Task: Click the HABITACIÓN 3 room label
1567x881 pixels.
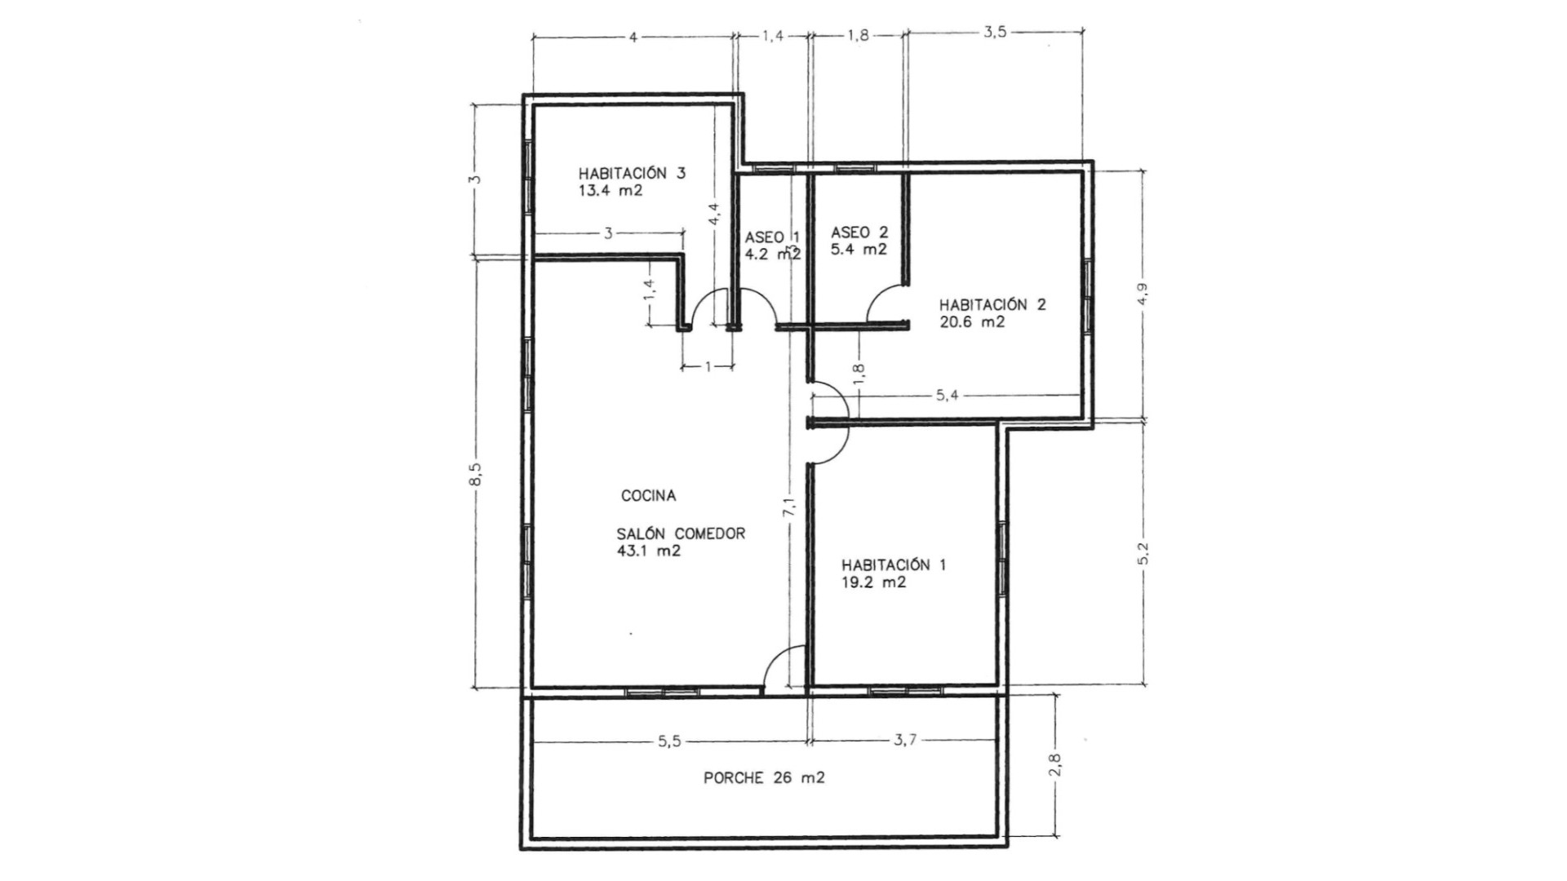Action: tap(632, 173)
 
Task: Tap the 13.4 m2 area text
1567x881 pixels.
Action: tap(610, 191)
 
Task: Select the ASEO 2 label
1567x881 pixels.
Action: tap(859, 232)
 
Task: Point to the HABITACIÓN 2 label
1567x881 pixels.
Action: tap(992, 304)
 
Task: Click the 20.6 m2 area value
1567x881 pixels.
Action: tap(972, 322)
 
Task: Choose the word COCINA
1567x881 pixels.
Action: tap(649, 495)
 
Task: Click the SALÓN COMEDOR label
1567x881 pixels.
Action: tap(681, 533)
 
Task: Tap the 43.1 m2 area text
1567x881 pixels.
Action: tap(650, 551)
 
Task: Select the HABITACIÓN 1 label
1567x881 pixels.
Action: tap(894, 564)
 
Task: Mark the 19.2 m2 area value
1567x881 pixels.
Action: tap(873, 582)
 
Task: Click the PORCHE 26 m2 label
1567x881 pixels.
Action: tap(764, 778)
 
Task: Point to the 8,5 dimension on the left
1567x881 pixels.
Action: tap(476, 475)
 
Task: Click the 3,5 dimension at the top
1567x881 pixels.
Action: tap(995, 33)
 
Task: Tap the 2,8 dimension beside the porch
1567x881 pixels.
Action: tap(1056, 765)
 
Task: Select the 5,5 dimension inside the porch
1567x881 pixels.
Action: tap(668, 741)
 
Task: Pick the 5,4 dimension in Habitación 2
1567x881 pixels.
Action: tap(947, 396)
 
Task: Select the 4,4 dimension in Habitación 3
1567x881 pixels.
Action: tap(714, 214)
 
